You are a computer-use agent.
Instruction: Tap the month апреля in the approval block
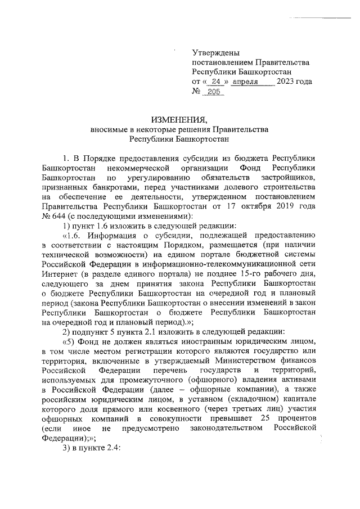[256, 82]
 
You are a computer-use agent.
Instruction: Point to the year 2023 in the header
[287, 82]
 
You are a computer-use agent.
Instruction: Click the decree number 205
[214, 91]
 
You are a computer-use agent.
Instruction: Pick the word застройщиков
[289, 178]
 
